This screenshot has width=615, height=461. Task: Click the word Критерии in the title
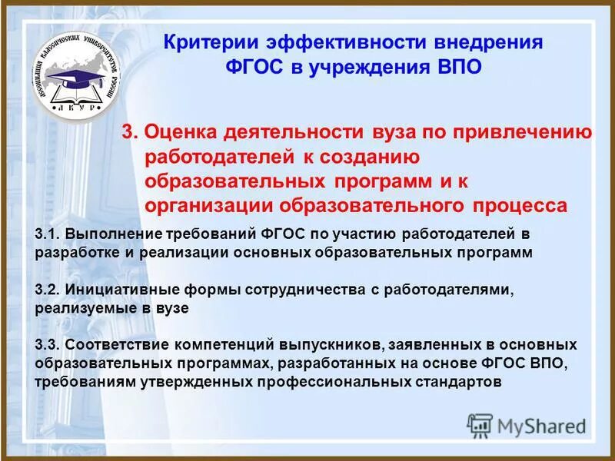coord(208,42)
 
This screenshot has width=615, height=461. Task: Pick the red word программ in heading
coord(379,181)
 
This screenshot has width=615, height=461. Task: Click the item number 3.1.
coord(48,233)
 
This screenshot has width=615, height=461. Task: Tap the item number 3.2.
coord(48,290)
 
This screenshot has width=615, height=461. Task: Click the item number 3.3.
coord(48,345)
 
